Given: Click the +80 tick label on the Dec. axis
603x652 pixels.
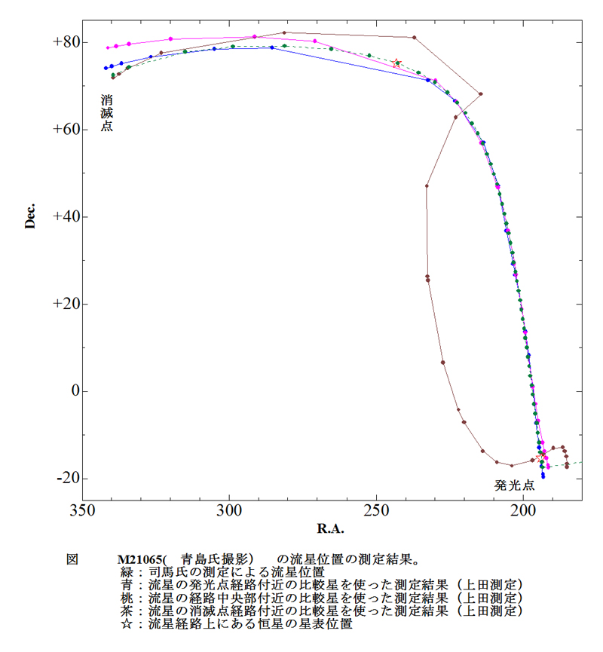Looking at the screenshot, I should point(66,42).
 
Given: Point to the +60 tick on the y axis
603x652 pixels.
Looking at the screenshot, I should point(66,130).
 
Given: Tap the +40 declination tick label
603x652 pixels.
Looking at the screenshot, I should point(66,217).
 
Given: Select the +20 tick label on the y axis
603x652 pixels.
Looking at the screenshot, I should point(66,305).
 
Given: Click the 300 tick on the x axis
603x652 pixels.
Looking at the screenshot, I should point(229,510).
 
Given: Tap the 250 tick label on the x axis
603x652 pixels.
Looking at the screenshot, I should point(376,510).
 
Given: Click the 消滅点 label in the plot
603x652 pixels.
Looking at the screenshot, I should point(107,113).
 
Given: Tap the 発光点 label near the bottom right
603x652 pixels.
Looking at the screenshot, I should point(515,485).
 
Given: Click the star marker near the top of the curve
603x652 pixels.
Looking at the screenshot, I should point(397,63).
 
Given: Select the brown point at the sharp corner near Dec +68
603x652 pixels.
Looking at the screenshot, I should point(481,94).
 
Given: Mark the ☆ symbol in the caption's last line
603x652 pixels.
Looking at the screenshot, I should point(124,623).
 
